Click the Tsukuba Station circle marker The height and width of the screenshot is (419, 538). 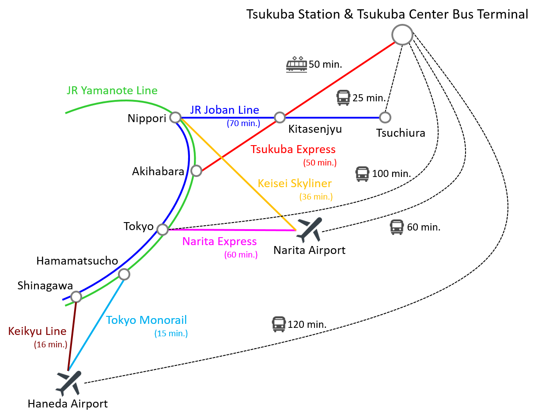click(402, 35)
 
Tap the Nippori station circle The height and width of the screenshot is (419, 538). click(175, 117)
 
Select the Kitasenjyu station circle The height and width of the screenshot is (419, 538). click(280, 117)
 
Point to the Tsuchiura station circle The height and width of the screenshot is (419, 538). click(385, 117)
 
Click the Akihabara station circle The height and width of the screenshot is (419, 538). click(196, 170)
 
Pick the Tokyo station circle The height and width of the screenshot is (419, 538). click(163, 229)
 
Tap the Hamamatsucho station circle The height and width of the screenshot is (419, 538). click(124, 274)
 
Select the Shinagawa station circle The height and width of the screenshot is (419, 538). click(76, 296)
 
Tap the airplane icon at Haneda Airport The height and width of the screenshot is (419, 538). click(69, 383)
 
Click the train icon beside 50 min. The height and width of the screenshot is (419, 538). click(296, 64)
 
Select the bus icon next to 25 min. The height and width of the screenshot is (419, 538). click(343, 97)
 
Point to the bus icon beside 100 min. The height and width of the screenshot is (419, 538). click(362, 174)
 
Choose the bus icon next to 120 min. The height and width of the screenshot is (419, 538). click(279, 324)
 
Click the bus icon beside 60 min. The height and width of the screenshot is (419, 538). click(397, 227)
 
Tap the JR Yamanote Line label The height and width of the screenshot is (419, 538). click(112, 91)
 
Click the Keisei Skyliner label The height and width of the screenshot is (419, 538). click(295, 183)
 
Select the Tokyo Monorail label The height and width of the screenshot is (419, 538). click(146, 320)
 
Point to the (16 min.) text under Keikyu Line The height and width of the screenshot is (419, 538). click(51, 344)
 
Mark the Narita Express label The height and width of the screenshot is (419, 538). click(220, 242)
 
